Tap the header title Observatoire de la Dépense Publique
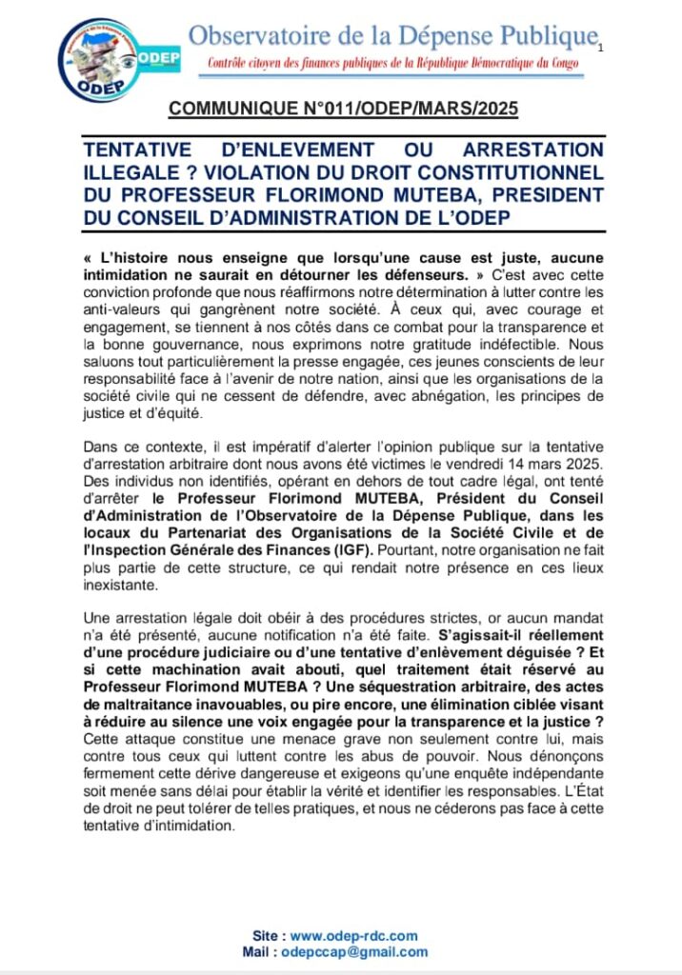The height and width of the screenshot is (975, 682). click(391, 37)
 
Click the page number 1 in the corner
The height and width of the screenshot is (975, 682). click(602, 47)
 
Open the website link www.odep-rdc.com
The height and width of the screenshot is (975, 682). click(354, 936)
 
